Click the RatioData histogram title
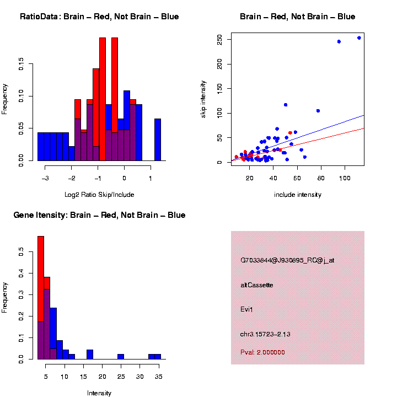99,17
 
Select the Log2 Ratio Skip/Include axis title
99,195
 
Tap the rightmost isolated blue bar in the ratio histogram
158,140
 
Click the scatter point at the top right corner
359,38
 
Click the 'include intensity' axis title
298,195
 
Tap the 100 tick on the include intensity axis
345,178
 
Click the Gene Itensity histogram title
99,215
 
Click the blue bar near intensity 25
121,356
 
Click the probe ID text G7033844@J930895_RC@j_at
287,260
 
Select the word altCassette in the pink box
257,285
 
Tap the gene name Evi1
246,309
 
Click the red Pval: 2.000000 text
262,352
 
